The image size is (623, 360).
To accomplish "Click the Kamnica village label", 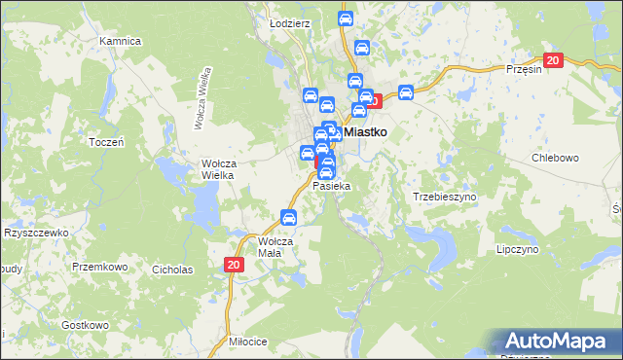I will pyautogui.click(x=121, y=42).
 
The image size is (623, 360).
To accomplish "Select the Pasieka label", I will pyautogui.click(x=331, y=185).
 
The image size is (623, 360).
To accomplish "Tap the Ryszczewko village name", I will pyautogui.click(x=35, y=234).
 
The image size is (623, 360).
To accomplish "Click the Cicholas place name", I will pyautogui.click(x=173, y=270).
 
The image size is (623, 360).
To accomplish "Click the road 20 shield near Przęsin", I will pyautogui.click(x=553, y=60).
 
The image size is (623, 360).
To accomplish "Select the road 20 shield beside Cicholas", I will pyautogui.click(x=234, y=264).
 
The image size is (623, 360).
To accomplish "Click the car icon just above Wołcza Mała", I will pyautogui.click(x=288, y=217).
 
